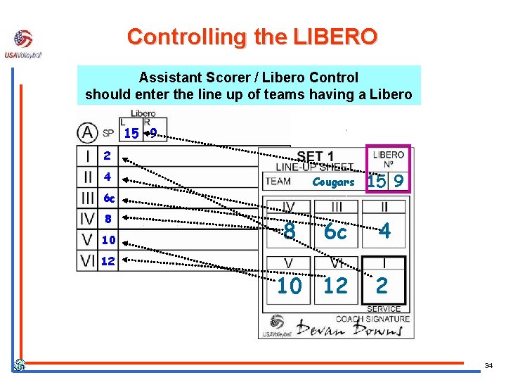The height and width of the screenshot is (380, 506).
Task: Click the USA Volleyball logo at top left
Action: [x=23, y=44]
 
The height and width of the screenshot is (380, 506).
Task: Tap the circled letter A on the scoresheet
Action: [x=88, y=132]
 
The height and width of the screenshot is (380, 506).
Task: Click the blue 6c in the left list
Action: [x=109, y=198]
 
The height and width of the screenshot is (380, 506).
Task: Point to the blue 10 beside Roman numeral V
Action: [x=108, y=240]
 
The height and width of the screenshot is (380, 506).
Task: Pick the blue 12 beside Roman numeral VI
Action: [x=108, y=261]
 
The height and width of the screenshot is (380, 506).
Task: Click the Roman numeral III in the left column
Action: [x=87, y=198]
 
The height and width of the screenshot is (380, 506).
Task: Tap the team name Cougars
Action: [x=333, y=182]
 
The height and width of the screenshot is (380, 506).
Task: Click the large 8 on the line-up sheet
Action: [x=289, y=232]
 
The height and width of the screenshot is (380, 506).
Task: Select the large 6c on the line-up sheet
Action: [x=335, y=232]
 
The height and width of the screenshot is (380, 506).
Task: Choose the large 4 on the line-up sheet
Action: [x=384, y=232]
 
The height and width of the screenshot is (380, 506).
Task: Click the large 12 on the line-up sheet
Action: [x=335, y=285]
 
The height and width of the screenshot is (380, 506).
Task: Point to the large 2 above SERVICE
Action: [x=382, y=285]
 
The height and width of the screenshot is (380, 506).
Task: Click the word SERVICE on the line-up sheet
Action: [x=384, y=308]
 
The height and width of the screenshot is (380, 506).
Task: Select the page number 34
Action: [x=488, y=366]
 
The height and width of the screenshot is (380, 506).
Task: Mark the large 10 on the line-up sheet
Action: [x=289, y=285]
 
